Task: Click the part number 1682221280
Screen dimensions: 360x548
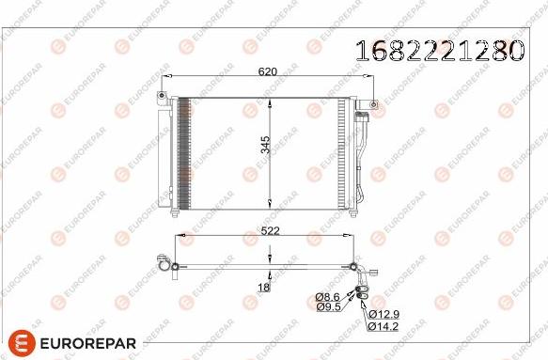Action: click(437, 50)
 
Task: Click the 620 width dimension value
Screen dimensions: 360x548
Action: click(270, 70)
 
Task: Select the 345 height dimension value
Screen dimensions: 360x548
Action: click(266, 144)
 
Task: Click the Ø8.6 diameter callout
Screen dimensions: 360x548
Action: click(327, 296)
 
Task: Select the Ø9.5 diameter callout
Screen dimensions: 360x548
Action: click(327, 306)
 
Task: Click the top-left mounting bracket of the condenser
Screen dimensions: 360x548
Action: click(166, 95)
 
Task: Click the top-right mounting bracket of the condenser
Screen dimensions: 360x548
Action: click(373, 103)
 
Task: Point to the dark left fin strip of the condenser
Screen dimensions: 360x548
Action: click(183, 151)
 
